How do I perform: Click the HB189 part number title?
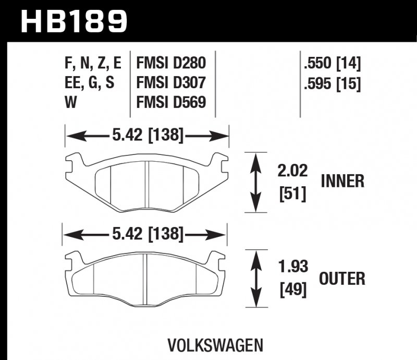click(x=73, y=21)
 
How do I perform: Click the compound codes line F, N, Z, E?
click(x=93, y=64)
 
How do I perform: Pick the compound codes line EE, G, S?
click(x=88, y=83)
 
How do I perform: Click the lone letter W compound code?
click(x=70, y=102)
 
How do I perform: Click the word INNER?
click(x=342, y=182)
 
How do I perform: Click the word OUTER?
click(x=342, y=279)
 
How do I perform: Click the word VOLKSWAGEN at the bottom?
click(x=215, y=345)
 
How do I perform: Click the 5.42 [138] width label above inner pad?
click(x=147, y=136)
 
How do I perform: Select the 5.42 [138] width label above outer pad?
click(x=147, y=235)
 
